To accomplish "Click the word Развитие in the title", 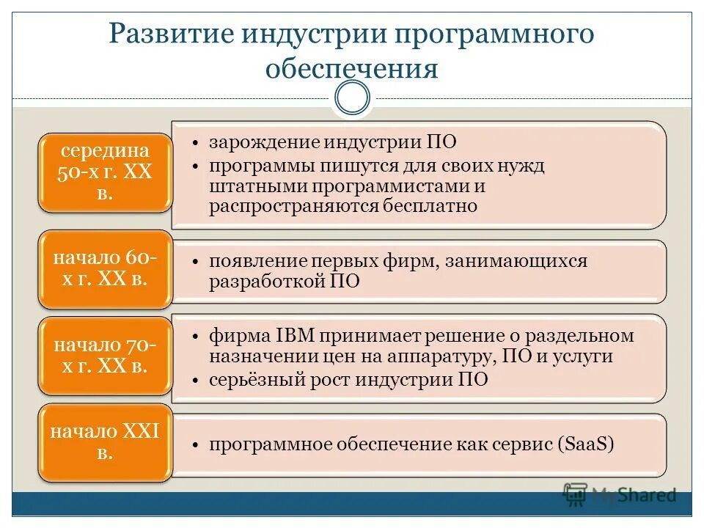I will coord(166,35).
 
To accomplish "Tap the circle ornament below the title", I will coord(352,98).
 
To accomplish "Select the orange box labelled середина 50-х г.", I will coord(105,173).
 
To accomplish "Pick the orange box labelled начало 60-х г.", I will coord(105,269).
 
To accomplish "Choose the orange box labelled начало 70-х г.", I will coord(105,356).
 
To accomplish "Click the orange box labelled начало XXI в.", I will coord(105,442).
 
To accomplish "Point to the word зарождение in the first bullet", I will coord(255,142).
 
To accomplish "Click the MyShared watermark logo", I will coord(620,494).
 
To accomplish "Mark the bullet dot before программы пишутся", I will coord(197,166).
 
